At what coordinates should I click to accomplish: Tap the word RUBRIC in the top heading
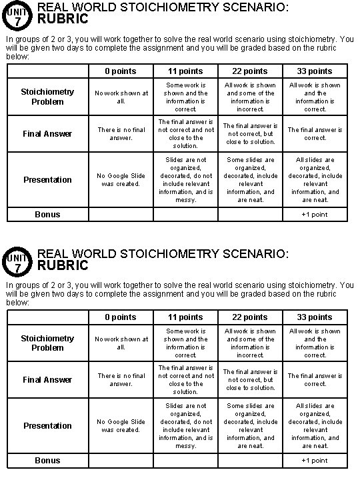[x=63, y=20]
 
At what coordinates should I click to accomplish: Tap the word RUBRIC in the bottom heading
[x=63, y=266]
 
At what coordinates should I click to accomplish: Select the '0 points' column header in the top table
[x=121, y=71]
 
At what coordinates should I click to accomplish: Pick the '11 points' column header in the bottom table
[x=185, y=317]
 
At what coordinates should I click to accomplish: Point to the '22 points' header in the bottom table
[x=250, y=317]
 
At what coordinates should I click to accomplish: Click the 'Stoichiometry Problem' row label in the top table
[x=47, y=97]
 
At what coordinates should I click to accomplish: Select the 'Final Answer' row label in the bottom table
[x=47, y=380]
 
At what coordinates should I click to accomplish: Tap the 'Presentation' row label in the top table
[x=47, y=180]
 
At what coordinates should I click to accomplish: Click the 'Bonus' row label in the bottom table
[x=47, y=461]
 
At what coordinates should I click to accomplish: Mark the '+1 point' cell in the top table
[x=315, y=215]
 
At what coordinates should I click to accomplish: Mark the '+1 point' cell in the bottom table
[x=315, y=461]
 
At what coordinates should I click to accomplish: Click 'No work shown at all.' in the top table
[x=121, y=97]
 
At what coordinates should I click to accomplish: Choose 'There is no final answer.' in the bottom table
[x=121, y=380]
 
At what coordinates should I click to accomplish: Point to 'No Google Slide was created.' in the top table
[x=121, y=180]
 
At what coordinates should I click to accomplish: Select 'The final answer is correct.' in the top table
[x=315, y=134]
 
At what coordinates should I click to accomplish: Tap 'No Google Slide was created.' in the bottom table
[x=121, y=426]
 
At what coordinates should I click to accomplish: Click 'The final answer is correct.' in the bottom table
[x=315, y=380]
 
